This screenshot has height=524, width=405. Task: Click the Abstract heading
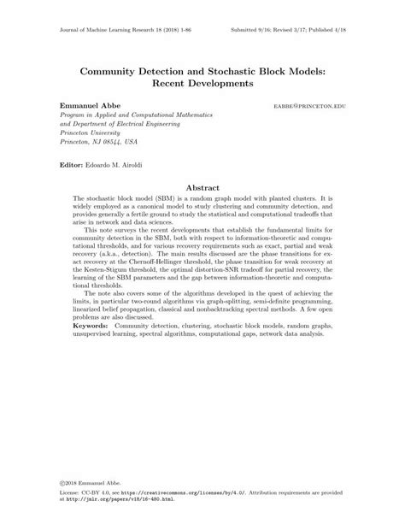point(202,187)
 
